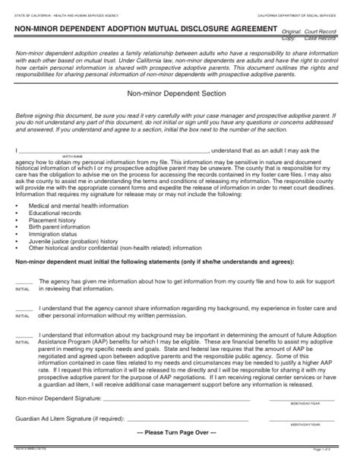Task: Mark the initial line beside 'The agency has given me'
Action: click(23, 283)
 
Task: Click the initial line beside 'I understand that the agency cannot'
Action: click(23, 309)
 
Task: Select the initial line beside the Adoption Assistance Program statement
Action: click(23, 335)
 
